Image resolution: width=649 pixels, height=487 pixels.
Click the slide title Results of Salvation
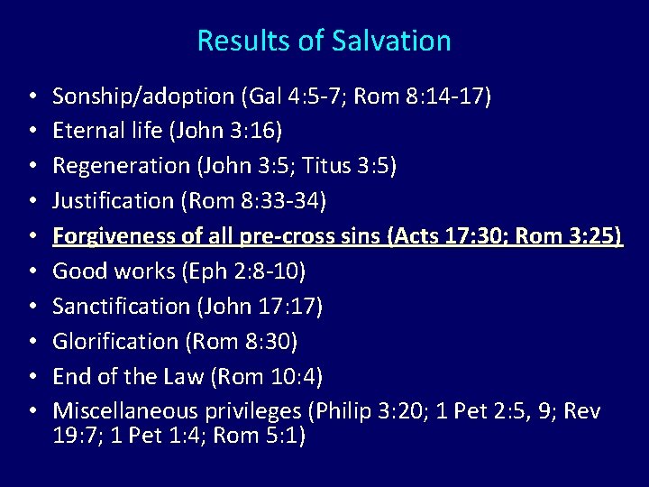pos(324,41)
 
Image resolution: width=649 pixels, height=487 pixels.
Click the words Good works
pos(101,271)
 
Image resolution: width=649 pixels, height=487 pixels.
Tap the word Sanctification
pos(121,307)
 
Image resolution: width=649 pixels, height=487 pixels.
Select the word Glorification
pos(115,342)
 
